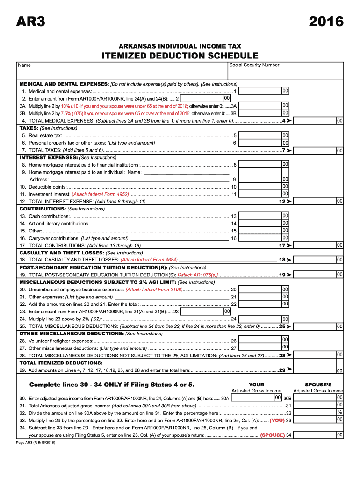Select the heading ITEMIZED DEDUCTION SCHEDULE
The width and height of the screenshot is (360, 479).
pyautogui.click(x=180, y=56)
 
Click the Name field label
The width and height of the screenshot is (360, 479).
pyautogui.click(x=24, y=65)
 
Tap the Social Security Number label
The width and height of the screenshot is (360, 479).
pyautogui.click(x=254, y=65)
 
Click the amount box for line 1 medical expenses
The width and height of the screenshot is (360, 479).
pyautogui.click(x=262, y=91)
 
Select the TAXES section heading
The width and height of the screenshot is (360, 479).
pyautogui.click(x=29, y=128)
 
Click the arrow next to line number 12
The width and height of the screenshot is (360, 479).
pyautogui.click(x=289, y=201)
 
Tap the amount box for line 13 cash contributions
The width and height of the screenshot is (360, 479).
pyautogui.click(x=262, y=216)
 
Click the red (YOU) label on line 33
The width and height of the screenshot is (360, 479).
pyautogui.click(x=277, y=421)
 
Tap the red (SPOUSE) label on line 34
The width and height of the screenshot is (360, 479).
pyautogui.click(x=273, y=435)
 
